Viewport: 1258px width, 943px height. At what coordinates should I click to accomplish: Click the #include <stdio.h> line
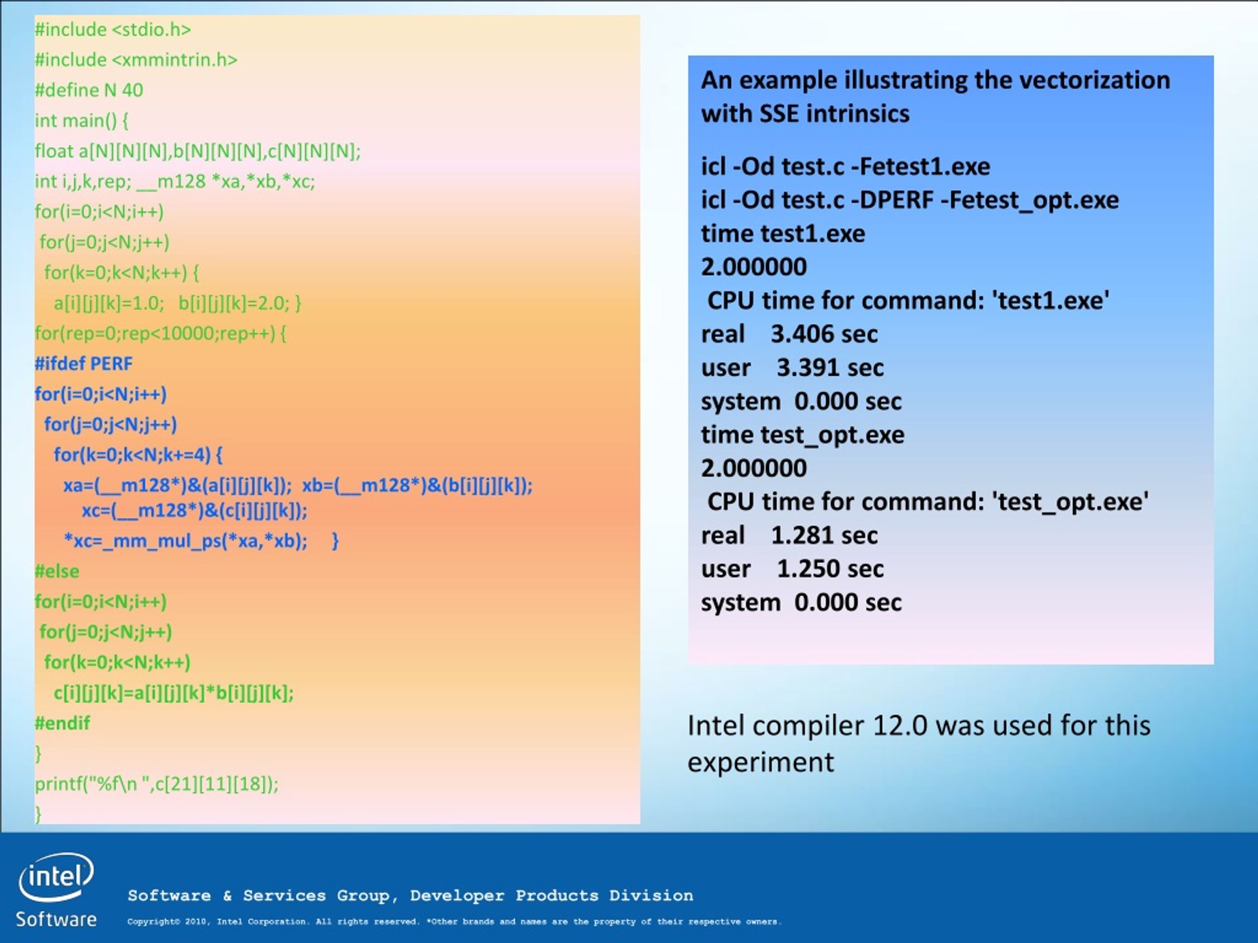point(113,29)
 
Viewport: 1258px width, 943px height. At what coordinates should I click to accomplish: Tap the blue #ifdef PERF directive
point(84,363)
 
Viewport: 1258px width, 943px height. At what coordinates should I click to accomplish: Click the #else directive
point(57,571)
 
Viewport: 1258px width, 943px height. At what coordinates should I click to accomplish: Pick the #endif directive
point(62,723)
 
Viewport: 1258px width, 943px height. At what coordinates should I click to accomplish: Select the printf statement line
point(157,784)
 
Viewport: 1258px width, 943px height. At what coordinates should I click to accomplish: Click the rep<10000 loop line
point(160,333)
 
